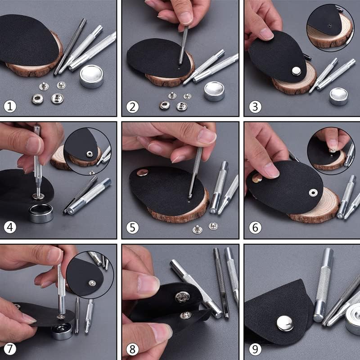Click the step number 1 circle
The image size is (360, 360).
10,107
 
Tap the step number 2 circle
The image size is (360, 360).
132,107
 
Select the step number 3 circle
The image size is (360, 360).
255,107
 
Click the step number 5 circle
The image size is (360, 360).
132,227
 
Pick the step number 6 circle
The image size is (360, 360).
255,228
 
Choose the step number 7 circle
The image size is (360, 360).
10,349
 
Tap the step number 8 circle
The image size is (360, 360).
132,349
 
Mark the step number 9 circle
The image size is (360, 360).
255,349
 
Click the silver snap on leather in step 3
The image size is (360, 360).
296,71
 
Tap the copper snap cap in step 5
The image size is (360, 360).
142,172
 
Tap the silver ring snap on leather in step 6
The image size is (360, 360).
312,193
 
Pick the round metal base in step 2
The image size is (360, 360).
214,91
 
